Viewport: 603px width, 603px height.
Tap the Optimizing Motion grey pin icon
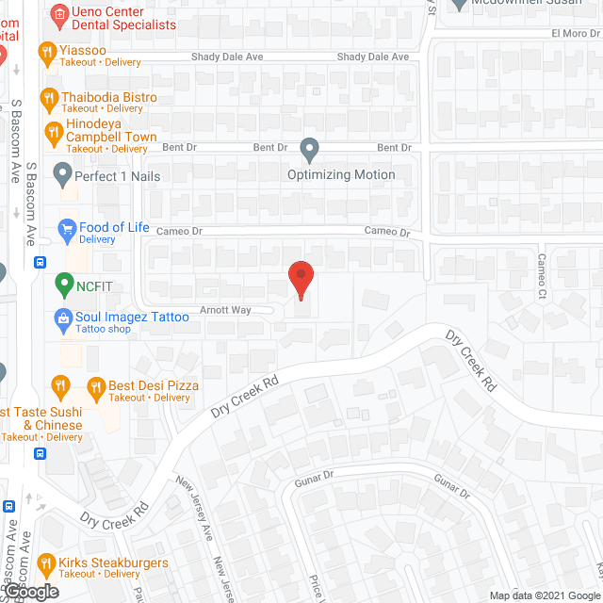coord(309,149)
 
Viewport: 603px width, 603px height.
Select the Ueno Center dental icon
coord(59,13)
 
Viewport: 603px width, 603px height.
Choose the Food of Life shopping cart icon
coord(66,228)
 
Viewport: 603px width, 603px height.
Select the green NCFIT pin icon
coord(63,282)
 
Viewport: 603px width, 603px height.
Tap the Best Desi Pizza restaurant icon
coord(95,386)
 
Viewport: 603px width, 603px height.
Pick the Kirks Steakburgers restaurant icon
coord(45,564)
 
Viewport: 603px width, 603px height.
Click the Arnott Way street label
coord(223,309)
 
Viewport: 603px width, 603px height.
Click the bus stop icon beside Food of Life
coord(40,263)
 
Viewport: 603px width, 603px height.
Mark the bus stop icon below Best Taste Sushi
coord(40,452)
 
